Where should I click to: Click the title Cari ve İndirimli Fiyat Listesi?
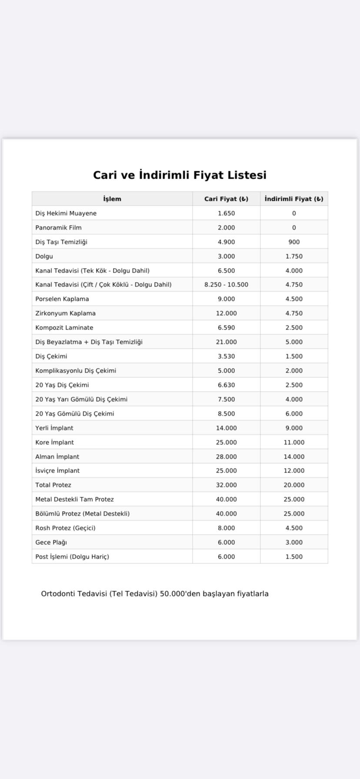(x=180, y=175)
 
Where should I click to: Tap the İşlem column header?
(x=112, y=199)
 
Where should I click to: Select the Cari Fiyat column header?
(x=226, y=199)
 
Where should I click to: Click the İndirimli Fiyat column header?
(x=294, y=199)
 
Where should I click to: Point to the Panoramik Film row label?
(x=58, y=228)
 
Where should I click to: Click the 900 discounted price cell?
(x=294, y=242)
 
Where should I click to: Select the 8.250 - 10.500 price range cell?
(x=226, y=285)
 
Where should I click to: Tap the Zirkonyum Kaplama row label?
(x=65, y=313)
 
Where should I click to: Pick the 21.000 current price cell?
(x=226, y=342)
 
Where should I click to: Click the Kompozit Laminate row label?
(x=64, y=328)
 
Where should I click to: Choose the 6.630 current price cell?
(x=226, y=385)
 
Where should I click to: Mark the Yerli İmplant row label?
(x=54, y=428)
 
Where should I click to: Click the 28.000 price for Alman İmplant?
(x=226, y=457)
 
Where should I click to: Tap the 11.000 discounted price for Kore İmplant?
(x=294, y=443)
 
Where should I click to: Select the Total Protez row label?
(x=53, y=485)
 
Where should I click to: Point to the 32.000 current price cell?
(x=226, y=485)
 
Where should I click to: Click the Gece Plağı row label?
(x=51, y=543)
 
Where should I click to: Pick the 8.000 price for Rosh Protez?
(x=226, y=528)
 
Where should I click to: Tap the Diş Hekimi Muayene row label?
(x=66, y=213)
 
